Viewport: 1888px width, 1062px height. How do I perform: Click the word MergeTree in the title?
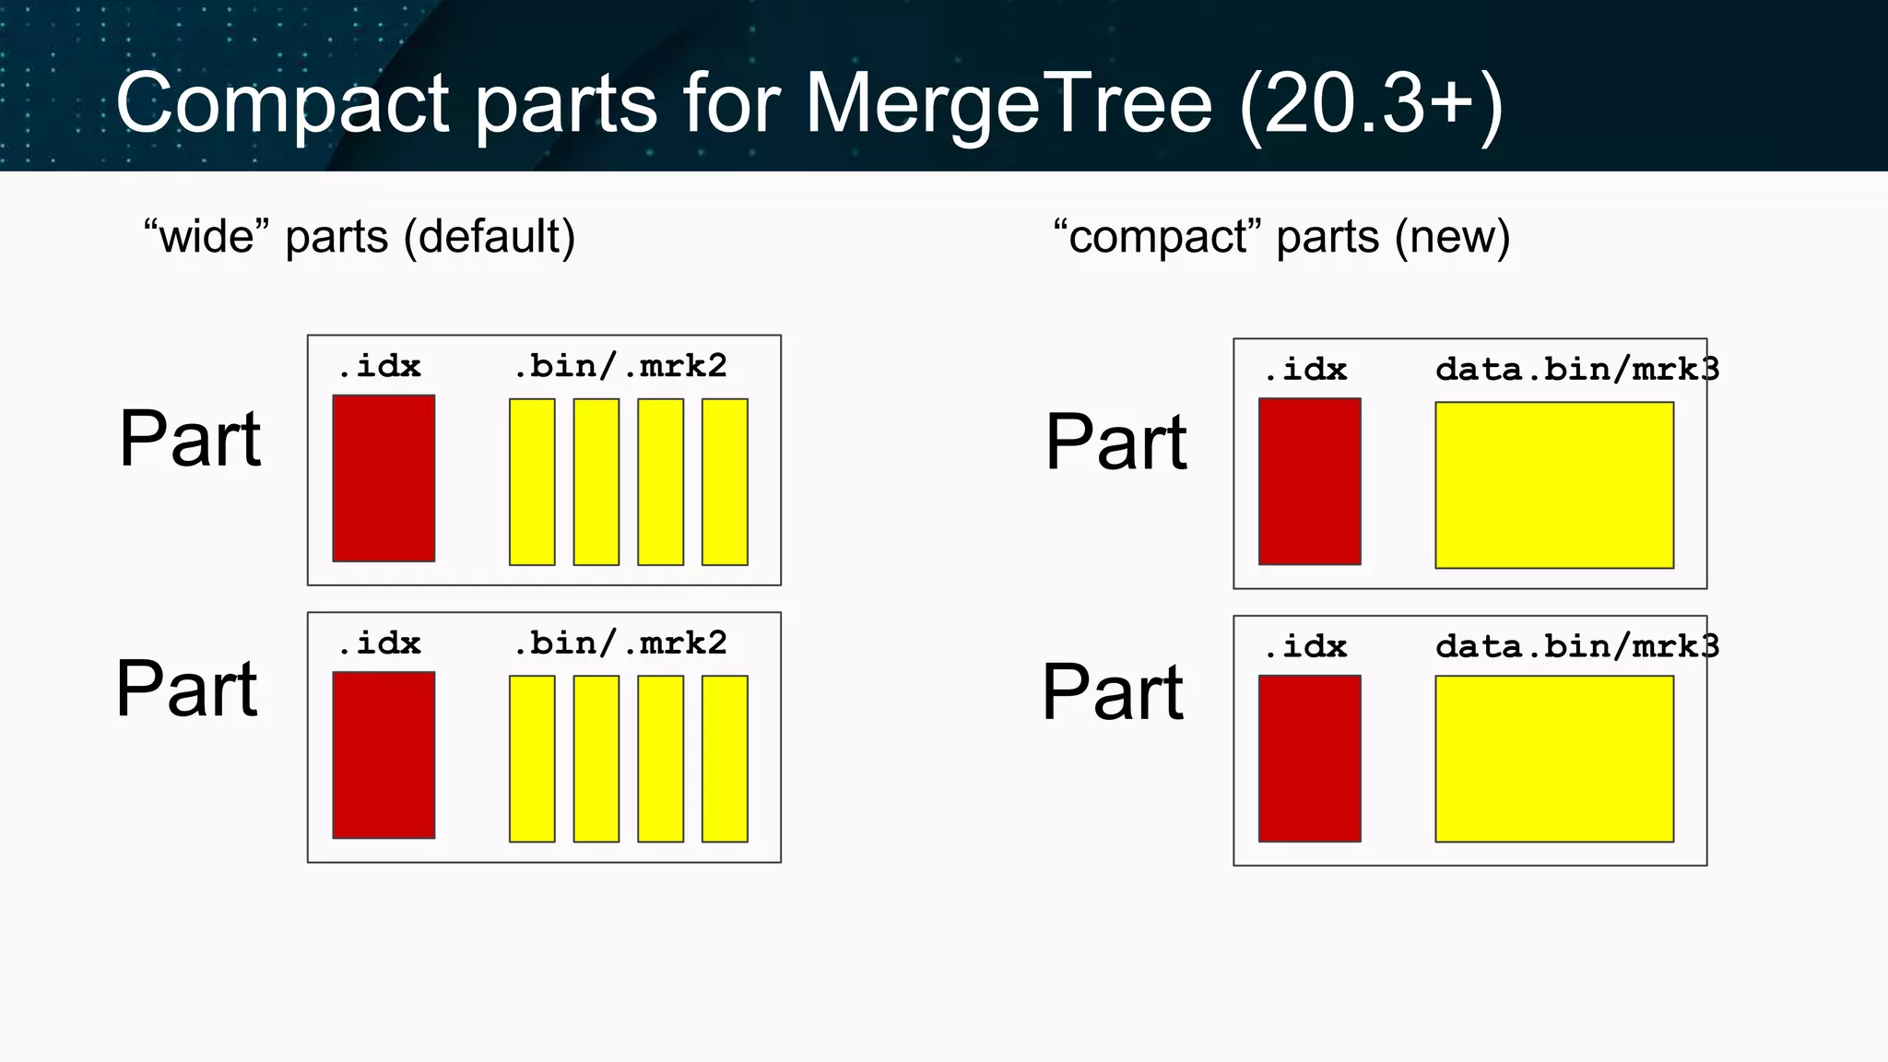pos(1009,103)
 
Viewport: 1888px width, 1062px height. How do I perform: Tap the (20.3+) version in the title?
pos(1372,103)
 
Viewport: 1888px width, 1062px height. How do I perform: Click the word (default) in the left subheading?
pos(490,237)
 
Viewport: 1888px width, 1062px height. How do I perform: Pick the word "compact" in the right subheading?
pos(1157,237)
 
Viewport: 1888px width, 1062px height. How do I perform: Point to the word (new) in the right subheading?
pos(1452,237)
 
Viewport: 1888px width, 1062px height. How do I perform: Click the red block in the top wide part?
pos(383,478)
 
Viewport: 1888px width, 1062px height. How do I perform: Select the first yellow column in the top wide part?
pos(532,482)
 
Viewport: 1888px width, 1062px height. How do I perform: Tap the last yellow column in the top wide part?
pos(725,482)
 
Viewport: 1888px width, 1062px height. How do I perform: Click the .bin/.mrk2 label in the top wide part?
pos(620,367)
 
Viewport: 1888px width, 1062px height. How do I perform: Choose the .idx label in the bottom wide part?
pos(379,643)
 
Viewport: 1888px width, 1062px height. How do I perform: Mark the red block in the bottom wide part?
pos(383,755)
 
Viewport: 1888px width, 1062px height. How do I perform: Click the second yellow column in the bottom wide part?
pos(596,759)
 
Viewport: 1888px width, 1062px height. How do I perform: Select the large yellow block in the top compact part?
pos(1554,485)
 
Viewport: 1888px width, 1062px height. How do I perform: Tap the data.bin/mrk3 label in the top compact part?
pos(1576,370)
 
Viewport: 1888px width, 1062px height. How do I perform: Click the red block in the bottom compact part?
pos(1309,759)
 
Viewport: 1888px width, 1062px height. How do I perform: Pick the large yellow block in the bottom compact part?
pos(1554,759)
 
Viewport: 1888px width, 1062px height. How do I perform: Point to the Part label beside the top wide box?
pos(190,440)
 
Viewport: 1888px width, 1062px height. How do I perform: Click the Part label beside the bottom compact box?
pos(1113,692)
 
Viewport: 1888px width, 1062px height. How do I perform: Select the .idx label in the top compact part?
pos(1305,370)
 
